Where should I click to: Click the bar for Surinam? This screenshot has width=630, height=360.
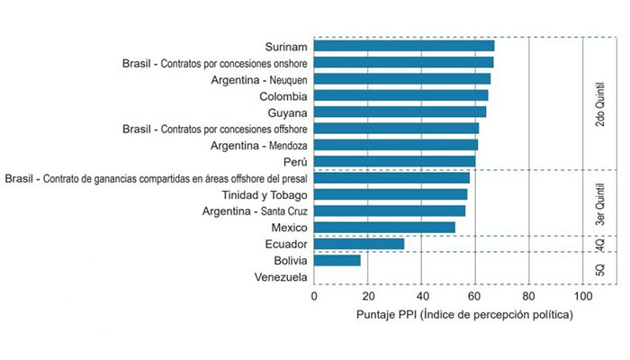tap(404, 46)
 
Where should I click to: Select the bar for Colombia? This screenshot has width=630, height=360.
tap(401, 95)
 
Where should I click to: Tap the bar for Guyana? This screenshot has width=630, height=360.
tap(400, 112)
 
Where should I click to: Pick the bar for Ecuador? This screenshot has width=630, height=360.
tap(359, 244)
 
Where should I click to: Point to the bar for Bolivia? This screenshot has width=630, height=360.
tap(337, 260)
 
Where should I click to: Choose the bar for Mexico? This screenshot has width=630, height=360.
tap(384, 227)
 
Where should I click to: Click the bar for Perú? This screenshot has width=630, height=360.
tap(395, 161)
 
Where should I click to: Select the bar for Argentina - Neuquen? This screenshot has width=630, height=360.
tap(402, 79)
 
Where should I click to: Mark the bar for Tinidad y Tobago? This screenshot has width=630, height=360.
tap(391, 194)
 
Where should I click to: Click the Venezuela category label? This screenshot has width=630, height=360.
tap(281, 277)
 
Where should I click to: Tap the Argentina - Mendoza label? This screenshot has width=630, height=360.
tap(259, 145)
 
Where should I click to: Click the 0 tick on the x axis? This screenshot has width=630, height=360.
tap(314, 296)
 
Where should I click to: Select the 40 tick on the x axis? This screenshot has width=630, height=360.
tap(421, 296)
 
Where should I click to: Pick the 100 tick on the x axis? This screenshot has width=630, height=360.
tap(582, 296)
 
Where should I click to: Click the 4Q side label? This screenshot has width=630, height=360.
tap(600, 243)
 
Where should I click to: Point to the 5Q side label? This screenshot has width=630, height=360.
tap(600, 268)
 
